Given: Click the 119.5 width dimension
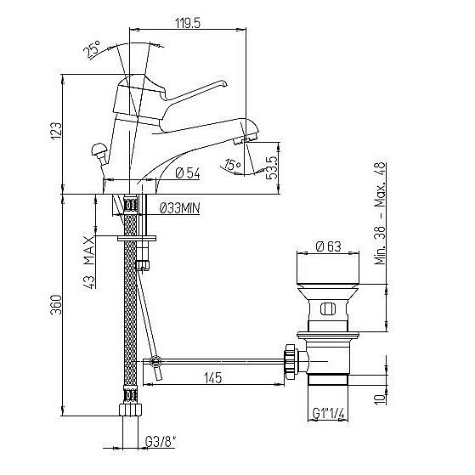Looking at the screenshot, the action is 188,23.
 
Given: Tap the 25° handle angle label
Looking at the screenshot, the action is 92,49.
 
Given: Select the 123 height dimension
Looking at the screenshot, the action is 56,131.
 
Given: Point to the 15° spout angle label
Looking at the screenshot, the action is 232,165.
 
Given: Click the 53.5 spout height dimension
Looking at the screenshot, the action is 272,168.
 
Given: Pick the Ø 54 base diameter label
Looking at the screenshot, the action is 188,173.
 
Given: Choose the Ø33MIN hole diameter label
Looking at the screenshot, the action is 179,208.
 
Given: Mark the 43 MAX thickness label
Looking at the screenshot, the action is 89,263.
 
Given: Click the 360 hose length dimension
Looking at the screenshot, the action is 56,304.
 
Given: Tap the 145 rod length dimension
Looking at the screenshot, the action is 213,378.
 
